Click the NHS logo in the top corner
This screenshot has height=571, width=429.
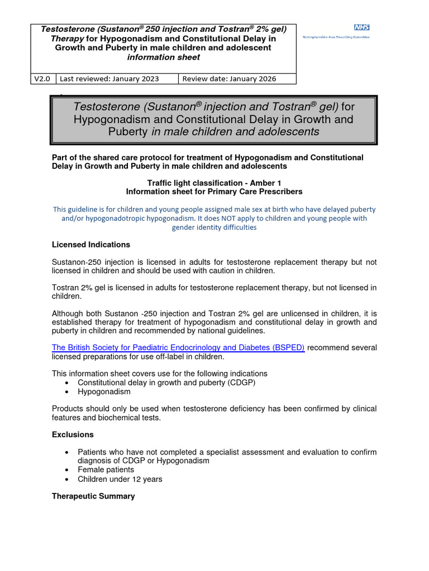[x=362, y=28]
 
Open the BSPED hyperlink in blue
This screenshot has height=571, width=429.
[x=178, y=347]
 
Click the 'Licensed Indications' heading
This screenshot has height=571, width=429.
[x=90, y=245]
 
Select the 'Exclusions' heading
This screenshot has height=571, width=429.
[x=73, y=434]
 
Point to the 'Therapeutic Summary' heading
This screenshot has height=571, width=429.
[x=93, y=496]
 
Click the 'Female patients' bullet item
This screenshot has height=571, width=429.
[x=106, y=470]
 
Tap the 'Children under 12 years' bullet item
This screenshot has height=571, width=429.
[x=120, y=479]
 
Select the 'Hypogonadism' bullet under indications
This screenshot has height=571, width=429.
[x=104, y=391]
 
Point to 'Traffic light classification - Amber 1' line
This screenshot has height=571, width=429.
[x=214, y=182]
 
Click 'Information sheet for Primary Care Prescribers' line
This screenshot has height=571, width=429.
[x=214, y=191]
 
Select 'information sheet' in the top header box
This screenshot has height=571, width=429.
[x=164, y=57]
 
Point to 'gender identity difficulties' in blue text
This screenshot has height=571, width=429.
[x=214, y=228]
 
